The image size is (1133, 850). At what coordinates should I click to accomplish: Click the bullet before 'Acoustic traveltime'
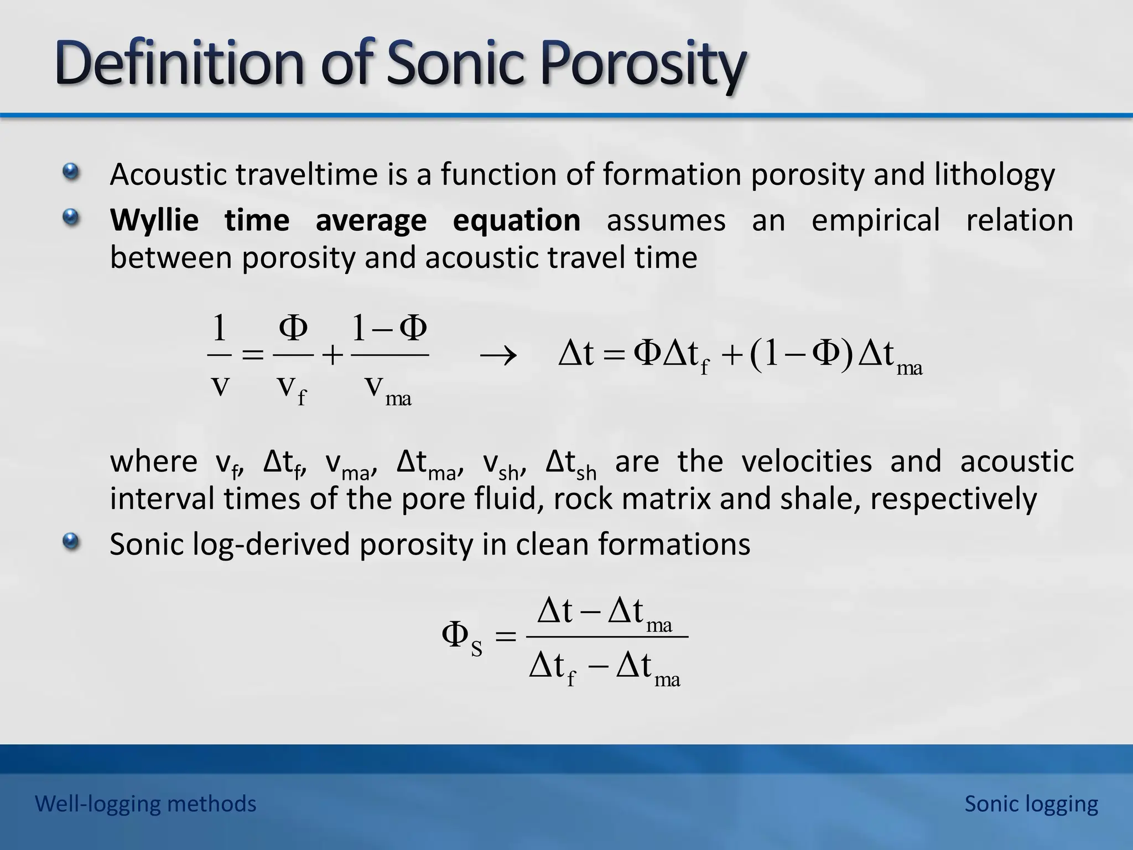point(70,172)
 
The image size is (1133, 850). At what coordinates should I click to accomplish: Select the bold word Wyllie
point(154,221)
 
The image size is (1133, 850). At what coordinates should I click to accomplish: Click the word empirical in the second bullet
point(875,220)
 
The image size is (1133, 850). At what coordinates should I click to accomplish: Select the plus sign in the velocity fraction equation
point(332,356)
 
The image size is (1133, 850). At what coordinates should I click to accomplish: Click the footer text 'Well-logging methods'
point(145,804)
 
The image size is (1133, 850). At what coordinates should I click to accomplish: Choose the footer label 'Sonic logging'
point(1031,804)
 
